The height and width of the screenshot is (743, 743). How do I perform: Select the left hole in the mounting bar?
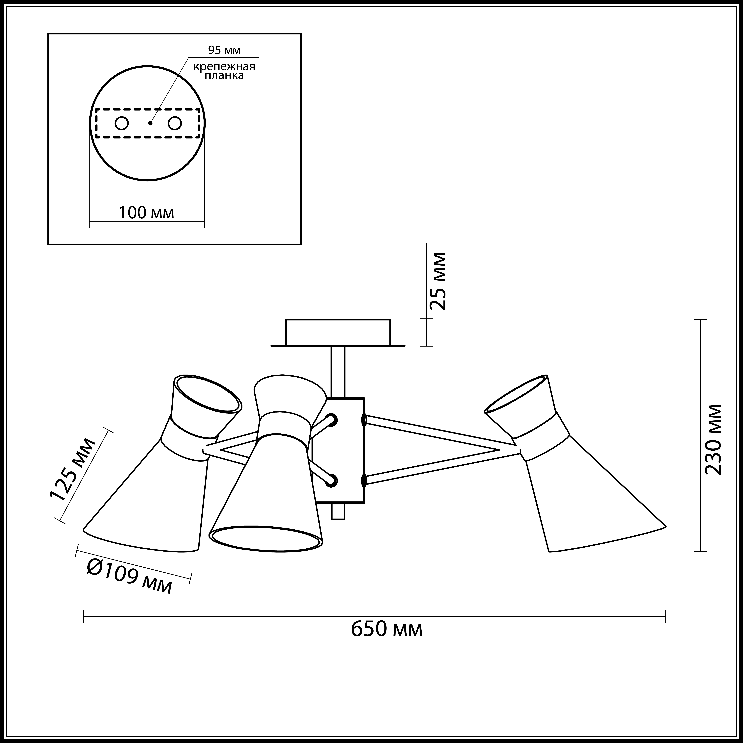122,123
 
